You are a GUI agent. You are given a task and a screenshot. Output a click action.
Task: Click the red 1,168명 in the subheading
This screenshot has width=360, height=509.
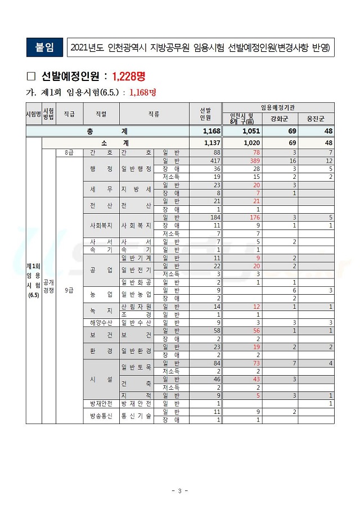(142, 92)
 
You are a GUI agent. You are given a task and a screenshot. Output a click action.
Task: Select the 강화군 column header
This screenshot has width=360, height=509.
(280, 119)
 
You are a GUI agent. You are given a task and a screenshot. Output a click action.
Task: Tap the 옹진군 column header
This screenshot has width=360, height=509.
(316, 119)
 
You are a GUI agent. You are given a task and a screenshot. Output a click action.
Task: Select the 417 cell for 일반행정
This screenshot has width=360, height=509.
(214, 161)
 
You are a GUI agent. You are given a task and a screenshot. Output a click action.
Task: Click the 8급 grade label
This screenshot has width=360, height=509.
(69, 152)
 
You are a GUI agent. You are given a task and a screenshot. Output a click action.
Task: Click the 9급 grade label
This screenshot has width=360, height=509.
(69, 291)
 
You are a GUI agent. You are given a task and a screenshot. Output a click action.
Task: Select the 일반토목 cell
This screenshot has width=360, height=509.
(136, 367)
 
